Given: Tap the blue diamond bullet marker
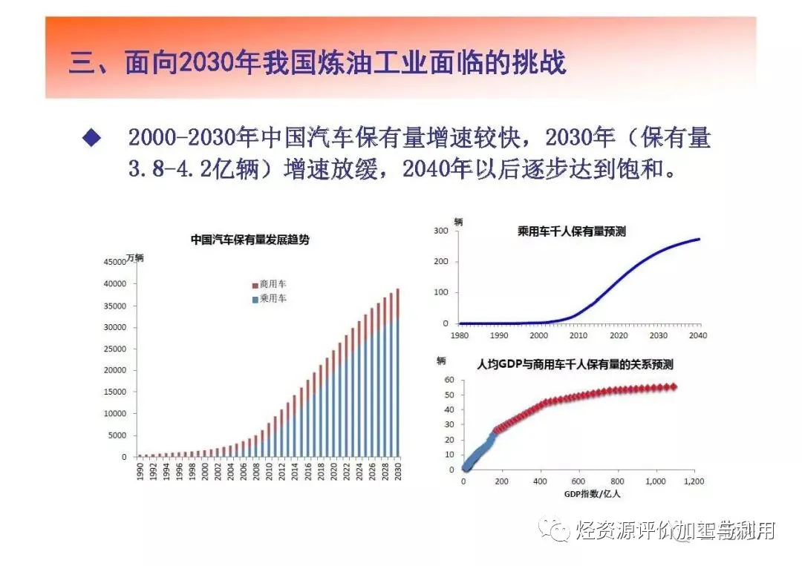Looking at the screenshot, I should [91, 138].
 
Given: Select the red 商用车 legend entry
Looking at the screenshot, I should [268, 284].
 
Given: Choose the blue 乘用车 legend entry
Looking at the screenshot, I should [268, 299].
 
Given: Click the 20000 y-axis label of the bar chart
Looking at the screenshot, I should [117, 370].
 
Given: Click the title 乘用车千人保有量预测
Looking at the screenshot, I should [571, 231].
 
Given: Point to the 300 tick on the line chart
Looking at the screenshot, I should [441, 231].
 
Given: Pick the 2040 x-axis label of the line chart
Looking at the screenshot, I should [698, 335].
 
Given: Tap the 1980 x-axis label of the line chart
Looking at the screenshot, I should [459, 335].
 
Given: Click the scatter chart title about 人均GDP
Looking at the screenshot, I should [575, 364].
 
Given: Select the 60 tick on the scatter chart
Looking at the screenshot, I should [449, 379].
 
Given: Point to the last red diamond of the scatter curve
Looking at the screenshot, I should [674, 386].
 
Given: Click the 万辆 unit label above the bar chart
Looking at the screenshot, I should [134, 258].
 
